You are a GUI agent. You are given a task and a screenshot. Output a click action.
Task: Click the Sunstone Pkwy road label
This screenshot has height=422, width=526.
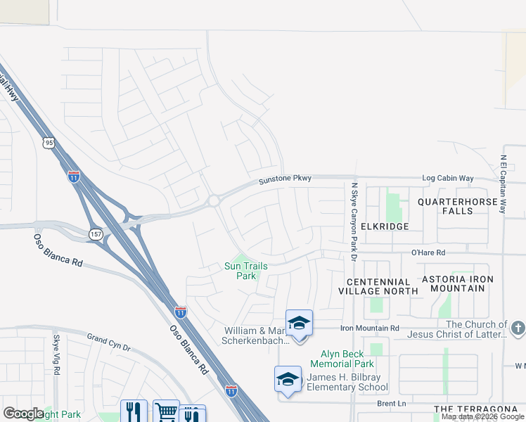pyautogui.click(x=285, y=180)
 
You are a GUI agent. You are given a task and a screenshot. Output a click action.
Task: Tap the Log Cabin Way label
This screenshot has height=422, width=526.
pyautogui.click(x=447, y=179)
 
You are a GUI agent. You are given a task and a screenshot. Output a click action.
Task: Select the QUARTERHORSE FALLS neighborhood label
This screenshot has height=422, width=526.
pyautogui.click(x=463, y=206)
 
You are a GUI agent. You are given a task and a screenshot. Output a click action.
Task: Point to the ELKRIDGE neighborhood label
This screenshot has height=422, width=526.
pyautogui.click(x=385, y=227)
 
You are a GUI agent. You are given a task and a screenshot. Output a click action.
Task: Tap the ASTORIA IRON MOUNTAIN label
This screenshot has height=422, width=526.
pyautogui.click(x=457, y=284)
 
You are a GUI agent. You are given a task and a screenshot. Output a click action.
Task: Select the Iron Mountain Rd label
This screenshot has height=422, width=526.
pyautogui.click(x=370, y=328)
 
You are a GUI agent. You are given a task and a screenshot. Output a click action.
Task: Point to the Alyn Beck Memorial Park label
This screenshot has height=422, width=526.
pyautogui.click(x=347, y=359)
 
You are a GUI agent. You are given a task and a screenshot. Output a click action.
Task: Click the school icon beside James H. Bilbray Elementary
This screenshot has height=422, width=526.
pyautogui.click(x=288, y=380)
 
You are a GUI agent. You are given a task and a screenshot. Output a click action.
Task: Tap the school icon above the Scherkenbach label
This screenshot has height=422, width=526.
pyautogui.click(x=299, y=324)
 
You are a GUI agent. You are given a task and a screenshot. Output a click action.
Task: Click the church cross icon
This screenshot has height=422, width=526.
pyautogui.click(x=518, y=328)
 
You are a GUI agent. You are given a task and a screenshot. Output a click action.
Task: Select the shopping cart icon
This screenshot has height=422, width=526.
pyautogui.click(x=166, y=412)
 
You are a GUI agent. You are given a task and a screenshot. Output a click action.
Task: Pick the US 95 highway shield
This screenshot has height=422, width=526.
pyautogui.click(x=48, y=143)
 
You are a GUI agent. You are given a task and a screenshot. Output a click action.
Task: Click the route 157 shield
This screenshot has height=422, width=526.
pyautogui.click(x=95, y=233)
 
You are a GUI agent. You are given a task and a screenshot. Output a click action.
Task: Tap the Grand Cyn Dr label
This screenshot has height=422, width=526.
pyautogui.click(x=109, y=343)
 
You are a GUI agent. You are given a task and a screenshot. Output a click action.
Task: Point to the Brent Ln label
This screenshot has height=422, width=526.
pyautogui.click(x=392, y=404)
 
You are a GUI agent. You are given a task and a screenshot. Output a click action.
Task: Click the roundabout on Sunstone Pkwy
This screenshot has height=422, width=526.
pyautogui.click(x=213, y=201)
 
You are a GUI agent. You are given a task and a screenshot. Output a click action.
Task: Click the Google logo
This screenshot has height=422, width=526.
pyautogui.click(x=23, y=414)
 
